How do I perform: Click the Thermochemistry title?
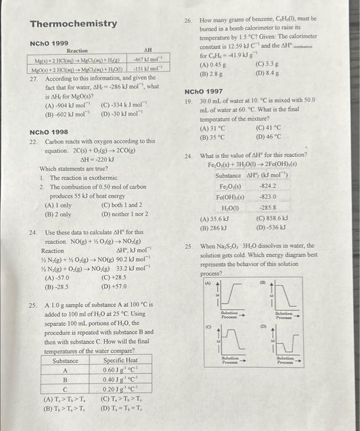coord(73,24)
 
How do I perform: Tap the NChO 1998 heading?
coord(49,132)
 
